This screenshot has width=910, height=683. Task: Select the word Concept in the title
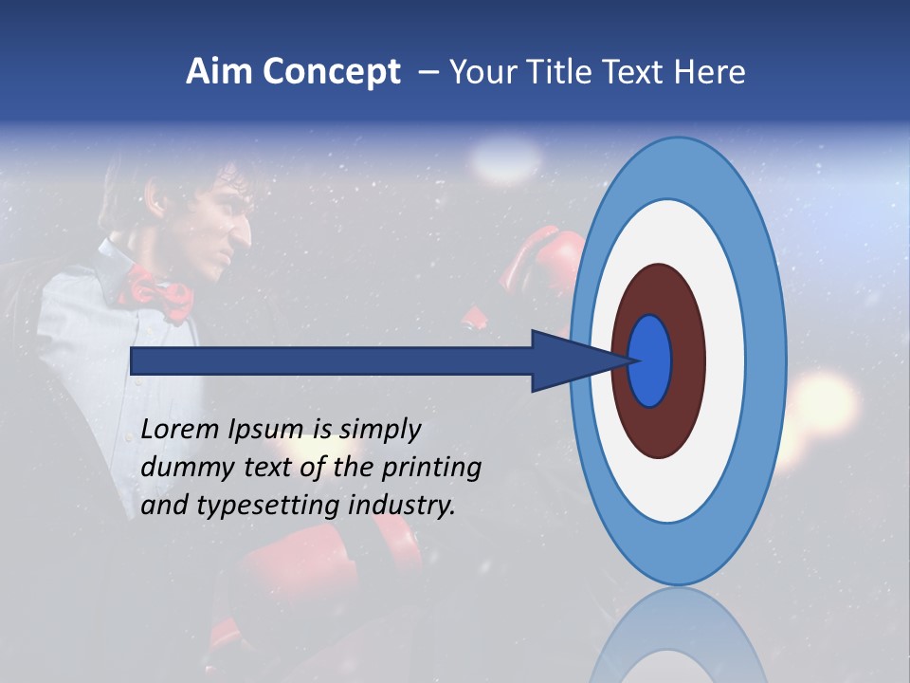(331, 73)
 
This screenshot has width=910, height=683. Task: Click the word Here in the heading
(709, 72)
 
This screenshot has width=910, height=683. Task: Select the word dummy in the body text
(182, 468)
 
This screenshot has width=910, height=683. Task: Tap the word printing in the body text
(431, 469)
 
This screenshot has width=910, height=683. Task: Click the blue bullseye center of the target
(650, 360)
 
